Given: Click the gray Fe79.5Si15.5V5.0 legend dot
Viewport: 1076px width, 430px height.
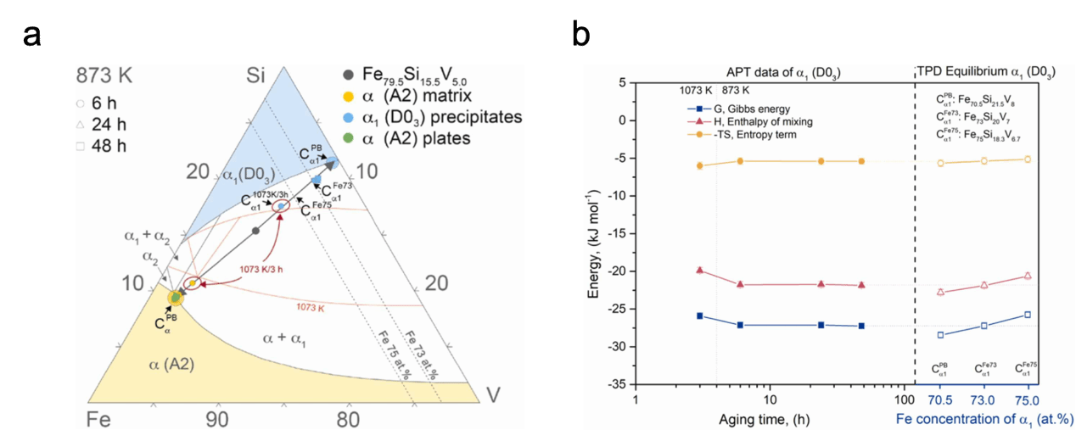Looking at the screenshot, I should tap(348, 74).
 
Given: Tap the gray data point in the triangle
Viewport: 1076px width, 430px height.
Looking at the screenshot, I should tap(255, 230).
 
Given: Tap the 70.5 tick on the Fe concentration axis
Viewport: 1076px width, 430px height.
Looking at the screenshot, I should tap(940, 399).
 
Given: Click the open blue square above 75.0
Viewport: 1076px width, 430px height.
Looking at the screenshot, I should tap(1028, 315).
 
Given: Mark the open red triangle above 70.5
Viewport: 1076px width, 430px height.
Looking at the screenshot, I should tap(940, 292).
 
